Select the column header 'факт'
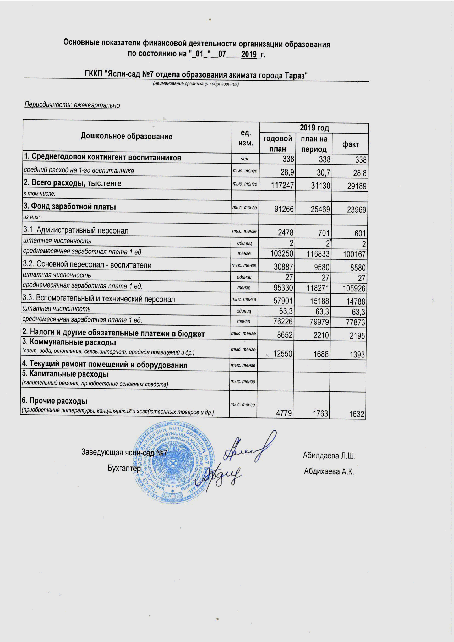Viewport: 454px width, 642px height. [x=350, y=144]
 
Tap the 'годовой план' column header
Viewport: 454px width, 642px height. [x=278, y=143]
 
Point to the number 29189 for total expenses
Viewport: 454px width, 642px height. [x=356, y=186]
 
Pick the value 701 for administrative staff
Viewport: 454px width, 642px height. [x=324, y=233]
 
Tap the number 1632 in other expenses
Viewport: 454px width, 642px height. [x=356, y=414]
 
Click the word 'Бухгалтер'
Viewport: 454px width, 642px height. [x=124, y=468]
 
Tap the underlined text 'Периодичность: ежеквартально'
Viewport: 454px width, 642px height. [x=72, y=105]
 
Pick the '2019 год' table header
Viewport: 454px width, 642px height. [x=314, y=128]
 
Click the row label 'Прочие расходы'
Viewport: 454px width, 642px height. [x=55, y=401]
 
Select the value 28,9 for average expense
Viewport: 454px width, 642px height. [x=287, y=172]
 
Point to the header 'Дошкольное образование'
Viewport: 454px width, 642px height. [x=126, y=137]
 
